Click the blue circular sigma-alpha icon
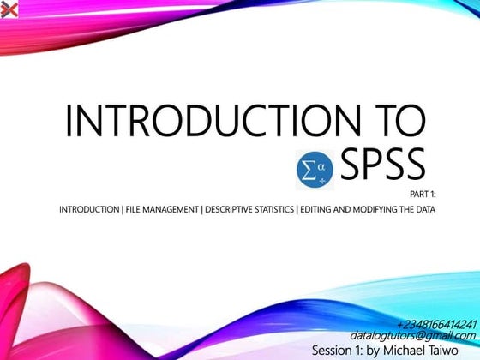(311, 170)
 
